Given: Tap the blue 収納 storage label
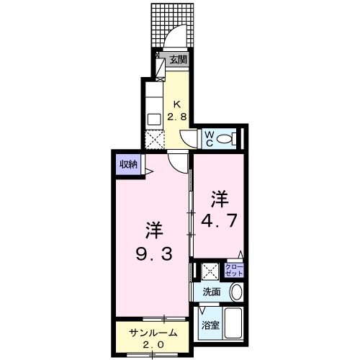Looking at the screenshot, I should coord(128,165).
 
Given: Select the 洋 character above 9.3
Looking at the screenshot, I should coord(153,231).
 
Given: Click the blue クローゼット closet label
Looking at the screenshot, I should coord(234,271).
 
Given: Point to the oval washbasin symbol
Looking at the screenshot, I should coord(236,292).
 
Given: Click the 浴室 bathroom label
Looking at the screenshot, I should coord(210,324).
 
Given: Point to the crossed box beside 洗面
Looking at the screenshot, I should coord(210,272).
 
